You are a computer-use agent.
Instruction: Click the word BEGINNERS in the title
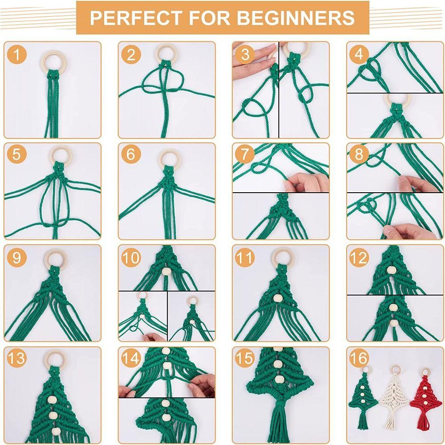(x=295, y=18)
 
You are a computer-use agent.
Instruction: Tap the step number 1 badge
(x=17, y=55)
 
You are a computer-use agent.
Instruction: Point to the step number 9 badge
(x=17, y=258)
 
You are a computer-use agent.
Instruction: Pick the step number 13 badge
(x=17, y=359)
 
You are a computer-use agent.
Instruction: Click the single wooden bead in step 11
(x=278, y=297)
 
